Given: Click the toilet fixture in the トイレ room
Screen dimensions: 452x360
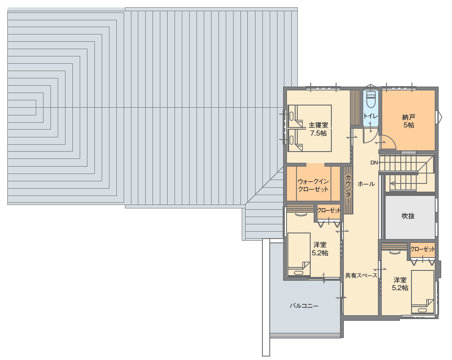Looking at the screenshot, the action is coord(371,99).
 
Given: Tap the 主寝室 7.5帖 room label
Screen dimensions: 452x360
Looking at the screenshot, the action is coord(318,129).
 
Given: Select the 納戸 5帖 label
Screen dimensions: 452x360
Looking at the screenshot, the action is coord(409,121).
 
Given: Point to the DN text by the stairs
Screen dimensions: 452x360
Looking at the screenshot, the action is coord(374,163).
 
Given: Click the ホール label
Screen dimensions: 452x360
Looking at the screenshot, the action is coord(366,184).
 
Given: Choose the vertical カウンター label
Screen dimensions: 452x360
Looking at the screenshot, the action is coord(348,189).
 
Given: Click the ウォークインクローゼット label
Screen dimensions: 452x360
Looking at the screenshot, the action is coord(313,185).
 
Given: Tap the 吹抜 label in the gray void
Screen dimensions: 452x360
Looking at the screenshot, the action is coord(408,216).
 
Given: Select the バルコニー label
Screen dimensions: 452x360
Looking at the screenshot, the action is coord(304,306).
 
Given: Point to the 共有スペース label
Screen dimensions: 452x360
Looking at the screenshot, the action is coord(361,276).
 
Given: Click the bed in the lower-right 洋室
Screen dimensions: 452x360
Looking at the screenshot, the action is coord(423,292).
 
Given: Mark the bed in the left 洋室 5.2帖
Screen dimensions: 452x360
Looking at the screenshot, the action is coord(299,254).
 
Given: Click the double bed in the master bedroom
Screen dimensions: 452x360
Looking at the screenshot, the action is coord(310,128).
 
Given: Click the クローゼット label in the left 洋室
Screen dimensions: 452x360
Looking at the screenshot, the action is coord(329,211).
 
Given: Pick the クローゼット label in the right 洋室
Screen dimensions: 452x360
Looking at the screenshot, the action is coord(423,249).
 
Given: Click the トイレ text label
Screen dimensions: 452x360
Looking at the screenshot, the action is coord(371,116).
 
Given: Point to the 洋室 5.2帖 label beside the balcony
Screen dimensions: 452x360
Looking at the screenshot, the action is coord(320,249).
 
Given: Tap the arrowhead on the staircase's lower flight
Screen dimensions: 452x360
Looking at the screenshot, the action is coord(392,183).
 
